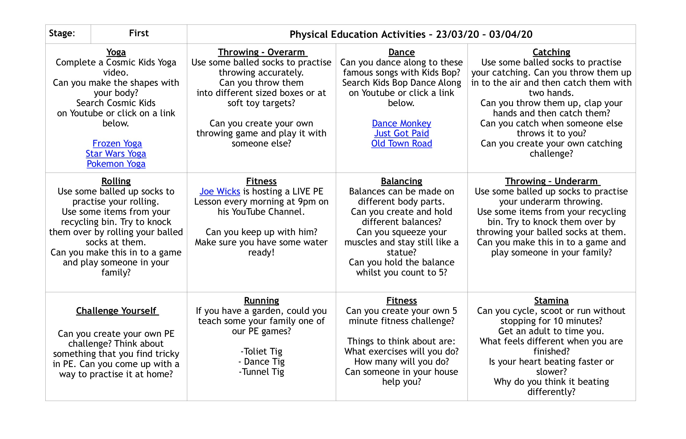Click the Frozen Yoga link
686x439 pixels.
117,143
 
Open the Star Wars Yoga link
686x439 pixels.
116,154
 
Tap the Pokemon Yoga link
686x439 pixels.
116,164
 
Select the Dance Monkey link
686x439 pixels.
402,123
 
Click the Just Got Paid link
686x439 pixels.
402,133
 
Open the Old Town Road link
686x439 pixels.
402,143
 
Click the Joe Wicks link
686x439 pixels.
220,192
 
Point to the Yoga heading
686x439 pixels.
116,52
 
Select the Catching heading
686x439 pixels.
551,52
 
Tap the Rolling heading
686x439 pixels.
116,181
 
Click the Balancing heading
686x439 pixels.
402,181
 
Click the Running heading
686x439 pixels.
262,301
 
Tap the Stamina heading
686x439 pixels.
551,301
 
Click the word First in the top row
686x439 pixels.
139,33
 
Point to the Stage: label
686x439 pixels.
62,33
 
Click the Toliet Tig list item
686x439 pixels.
262,351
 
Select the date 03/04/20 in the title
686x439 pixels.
511,34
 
